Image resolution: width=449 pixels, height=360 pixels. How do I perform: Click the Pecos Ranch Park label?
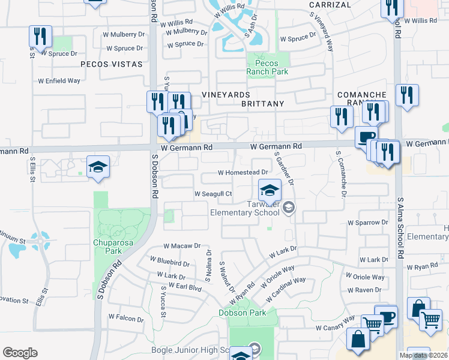point(267,67)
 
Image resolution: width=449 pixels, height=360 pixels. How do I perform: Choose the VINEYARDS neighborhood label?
point(226,95)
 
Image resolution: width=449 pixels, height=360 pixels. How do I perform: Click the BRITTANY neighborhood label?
point(262,104)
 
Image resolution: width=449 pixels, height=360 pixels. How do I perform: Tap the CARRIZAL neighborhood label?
point(330,5)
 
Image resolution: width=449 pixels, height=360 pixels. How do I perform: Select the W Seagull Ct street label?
point(213,194)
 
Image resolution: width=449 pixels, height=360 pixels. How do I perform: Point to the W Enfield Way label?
point(59,80)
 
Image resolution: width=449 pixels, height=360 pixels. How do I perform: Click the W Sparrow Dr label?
point(368,223)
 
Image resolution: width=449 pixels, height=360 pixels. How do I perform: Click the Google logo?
point(20,353)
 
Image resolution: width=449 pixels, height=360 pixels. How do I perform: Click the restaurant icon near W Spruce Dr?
point(40,37)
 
